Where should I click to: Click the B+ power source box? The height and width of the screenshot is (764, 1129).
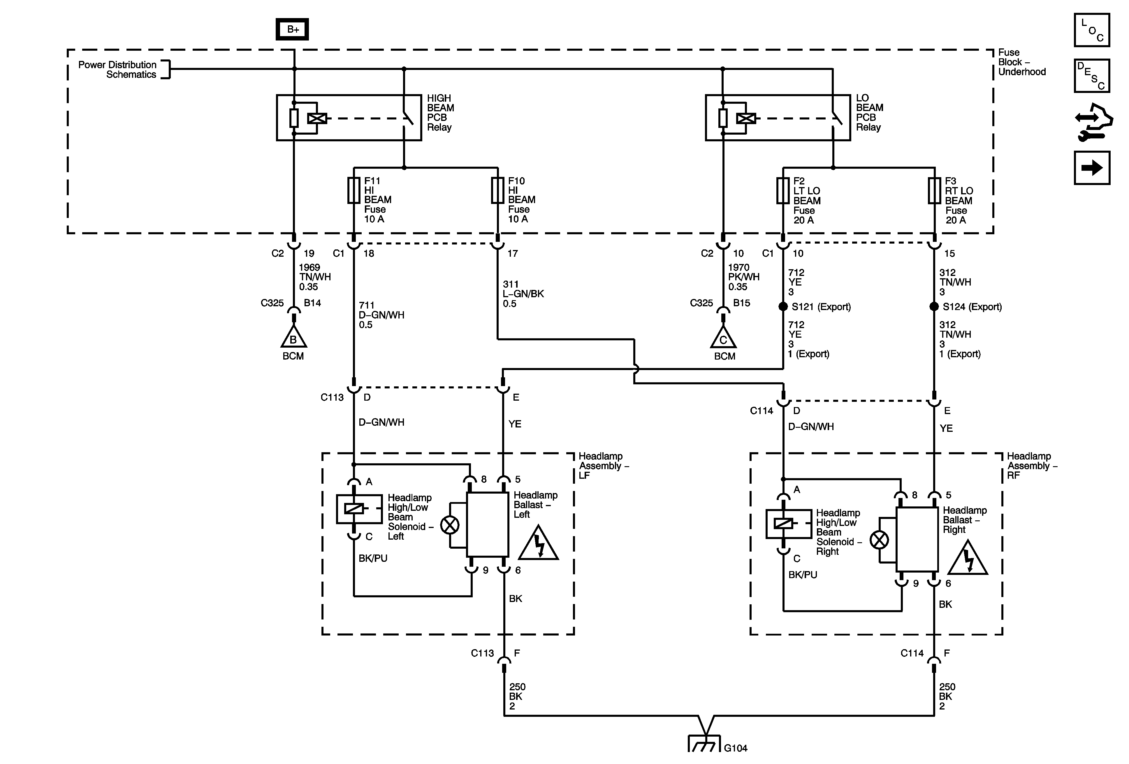293,29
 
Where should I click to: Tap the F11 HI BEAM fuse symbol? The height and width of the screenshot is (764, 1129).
354,190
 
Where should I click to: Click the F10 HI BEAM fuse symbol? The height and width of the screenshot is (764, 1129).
497,190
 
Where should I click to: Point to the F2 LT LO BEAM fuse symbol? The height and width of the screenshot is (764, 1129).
782,190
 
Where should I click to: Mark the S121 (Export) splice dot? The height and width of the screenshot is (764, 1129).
782,307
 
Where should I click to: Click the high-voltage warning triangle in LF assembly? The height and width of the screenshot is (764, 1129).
538,544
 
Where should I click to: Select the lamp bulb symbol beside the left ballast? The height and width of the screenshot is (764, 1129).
450,525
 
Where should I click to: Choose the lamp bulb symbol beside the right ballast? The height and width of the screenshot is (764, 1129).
879,540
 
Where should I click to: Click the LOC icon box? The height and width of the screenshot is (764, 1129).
1092,30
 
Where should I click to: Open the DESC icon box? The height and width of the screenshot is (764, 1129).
1092,76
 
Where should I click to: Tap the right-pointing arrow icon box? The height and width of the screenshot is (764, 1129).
1092,168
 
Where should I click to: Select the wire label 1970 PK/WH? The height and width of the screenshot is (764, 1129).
743,277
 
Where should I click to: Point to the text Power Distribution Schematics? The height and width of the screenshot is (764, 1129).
117,69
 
